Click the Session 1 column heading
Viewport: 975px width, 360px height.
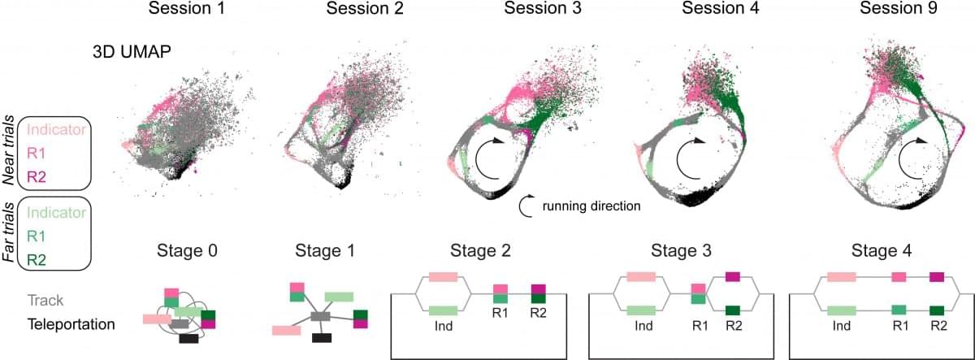(187, 8)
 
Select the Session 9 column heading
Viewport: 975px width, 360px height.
(899, 8)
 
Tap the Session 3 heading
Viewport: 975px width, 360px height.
(543, 8)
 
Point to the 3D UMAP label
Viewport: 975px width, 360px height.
(132, 52)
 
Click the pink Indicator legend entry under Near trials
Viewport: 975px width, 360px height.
(56, 130)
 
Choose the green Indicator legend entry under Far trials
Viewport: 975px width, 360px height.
(56, 213)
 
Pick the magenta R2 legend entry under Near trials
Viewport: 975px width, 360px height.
(36, 177)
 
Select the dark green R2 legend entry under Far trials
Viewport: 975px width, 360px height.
(36, 260)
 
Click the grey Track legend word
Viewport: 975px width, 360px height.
(45, 301)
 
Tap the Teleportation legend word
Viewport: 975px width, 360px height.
(71, 324)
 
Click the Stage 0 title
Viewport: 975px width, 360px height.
(187, 251)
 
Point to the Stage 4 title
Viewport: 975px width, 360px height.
(881, 251)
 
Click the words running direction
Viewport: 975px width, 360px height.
(591, 206)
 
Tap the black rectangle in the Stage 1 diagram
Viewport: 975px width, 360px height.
(322, 338)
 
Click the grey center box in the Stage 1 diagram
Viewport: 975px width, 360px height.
(320, 316)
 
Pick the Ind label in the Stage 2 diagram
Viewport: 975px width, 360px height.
(443, 326)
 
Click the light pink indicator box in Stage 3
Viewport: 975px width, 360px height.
(641, 277)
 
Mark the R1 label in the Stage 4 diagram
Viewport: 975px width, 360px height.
(900, 326)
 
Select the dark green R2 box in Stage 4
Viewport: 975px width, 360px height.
(937, 310)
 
